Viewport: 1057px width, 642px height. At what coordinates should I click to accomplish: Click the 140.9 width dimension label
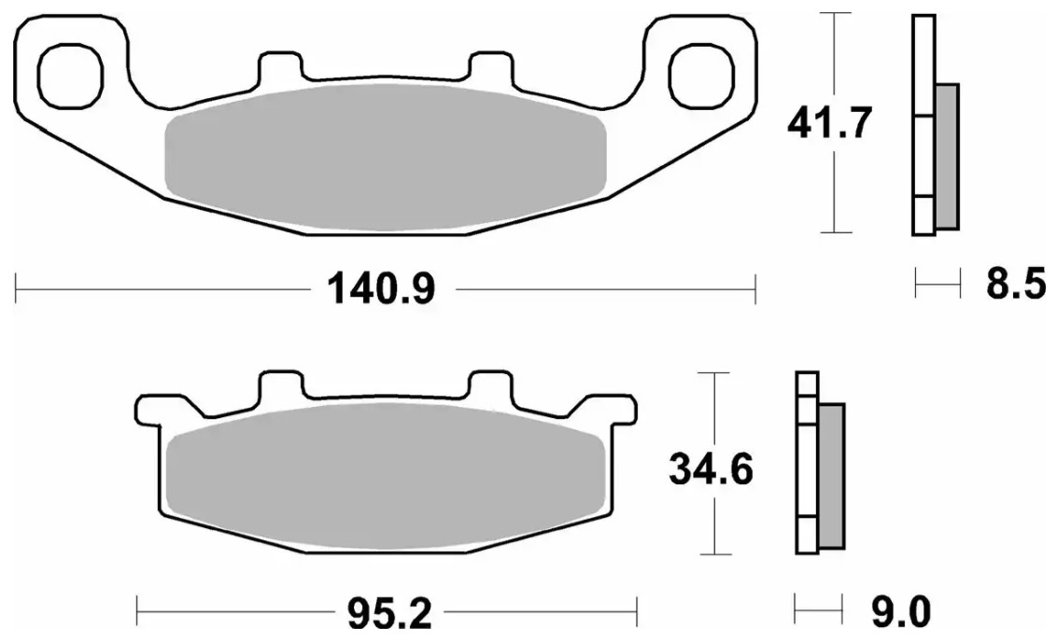click(382, 289)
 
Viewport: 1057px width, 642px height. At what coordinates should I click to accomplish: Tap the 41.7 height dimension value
click(830, 122)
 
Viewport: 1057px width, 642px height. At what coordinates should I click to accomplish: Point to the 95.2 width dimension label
click(389, 613)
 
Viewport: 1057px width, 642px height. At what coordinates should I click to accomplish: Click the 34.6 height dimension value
click(711, 468)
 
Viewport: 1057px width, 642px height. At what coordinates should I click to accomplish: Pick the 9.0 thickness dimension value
click(901, 612)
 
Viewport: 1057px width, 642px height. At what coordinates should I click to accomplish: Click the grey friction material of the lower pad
click(386, 476)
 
